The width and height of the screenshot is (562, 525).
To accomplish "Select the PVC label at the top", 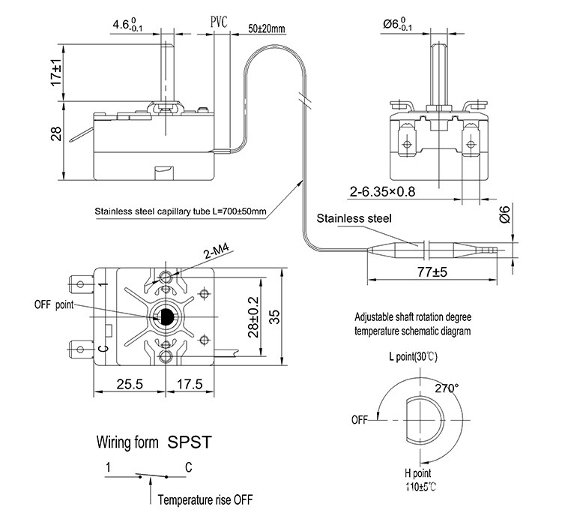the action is click(219, 22).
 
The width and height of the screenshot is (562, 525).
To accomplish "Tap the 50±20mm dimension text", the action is click(267, 28).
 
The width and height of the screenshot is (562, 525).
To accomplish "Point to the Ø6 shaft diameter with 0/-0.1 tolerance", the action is click(397, 25).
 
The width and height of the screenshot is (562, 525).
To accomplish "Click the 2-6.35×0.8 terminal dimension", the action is click(382, 192).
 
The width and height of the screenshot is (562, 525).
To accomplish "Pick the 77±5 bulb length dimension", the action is click(432, 272).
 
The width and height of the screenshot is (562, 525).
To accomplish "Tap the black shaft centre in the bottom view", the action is click(166, 316).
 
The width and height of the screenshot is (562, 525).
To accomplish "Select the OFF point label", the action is click(54, 305).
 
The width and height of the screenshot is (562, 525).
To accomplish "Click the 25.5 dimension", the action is click(130, 384).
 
